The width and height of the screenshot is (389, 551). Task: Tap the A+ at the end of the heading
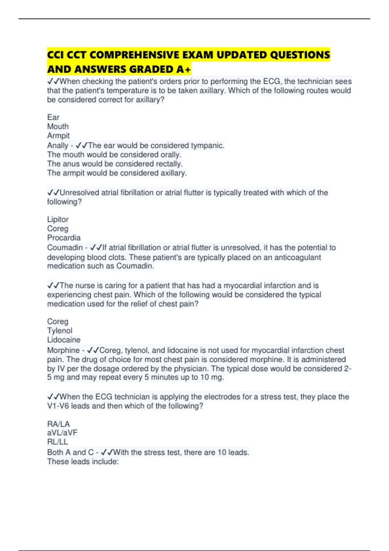(x=183, y=69)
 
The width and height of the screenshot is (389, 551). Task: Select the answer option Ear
(x=53, y=117)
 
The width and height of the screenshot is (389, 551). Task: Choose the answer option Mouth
(x=58, y=126)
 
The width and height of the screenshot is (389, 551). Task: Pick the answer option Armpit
(x=58, y=135)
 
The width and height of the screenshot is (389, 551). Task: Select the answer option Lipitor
(x=58, y=219)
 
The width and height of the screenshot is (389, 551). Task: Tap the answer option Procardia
(x=64, y=238)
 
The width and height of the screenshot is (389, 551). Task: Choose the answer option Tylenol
(x=60, y=331)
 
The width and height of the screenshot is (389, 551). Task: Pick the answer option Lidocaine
(x=64, y=340)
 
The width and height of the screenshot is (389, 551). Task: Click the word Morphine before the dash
(x=63, y=350)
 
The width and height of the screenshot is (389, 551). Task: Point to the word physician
(x=190, y=369)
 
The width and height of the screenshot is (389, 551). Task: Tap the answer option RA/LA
(x=58, y=424)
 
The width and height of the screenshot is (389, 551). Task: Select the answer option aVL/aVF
(x=62, y=433)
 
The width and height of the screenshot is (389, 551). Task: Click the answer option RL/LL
(x=57, y=441)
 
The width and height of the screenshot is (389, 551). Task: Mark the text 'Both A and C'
(x=70, y=452)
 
